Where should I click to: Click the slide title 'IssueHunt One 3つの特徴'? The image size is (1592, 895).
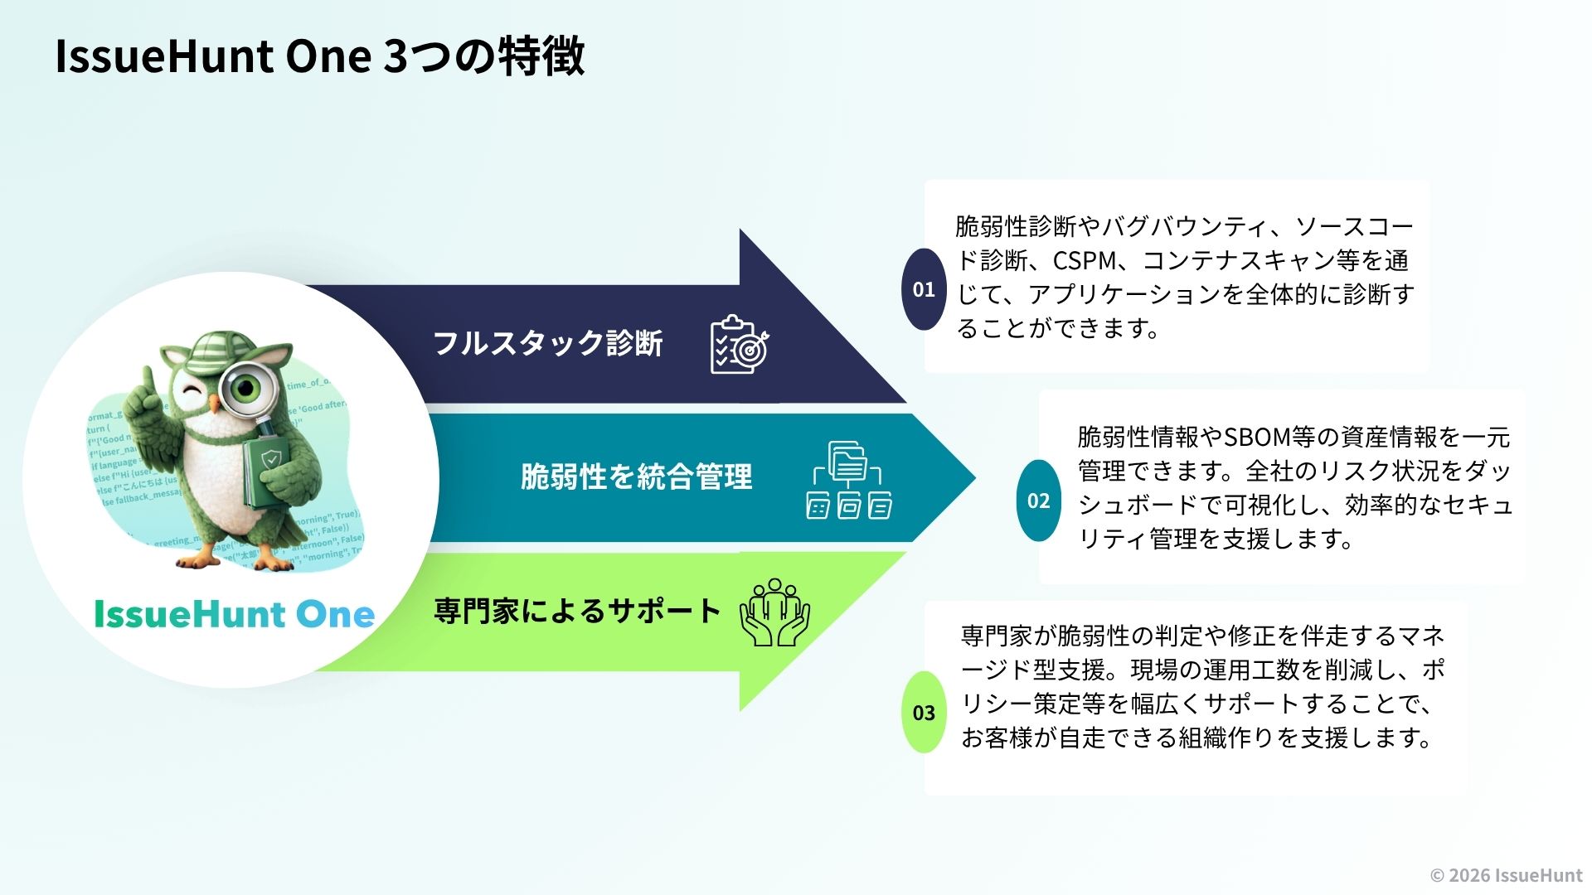(x=319, y=56)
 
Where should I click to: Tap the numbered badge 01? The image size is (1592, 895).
(x=924, y=289)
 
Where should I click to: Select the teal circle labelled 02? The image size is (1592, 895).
(x=1038, y=501)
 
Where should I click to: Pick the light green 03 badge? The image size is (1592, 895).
(x=924, y=713)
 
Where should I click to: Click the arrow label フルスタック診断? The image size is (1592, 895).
(x=548, y=343)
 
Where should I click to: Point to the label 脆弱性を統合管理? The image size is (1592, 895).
(x=636, y=477)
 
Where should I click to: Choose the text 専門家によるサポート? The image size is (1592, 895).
(x=577, y=612)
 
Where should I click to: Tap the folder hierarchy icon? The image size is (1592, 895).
(x=849, y=480)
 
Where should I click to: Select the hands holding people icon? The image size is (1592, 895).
(x=774, y=612)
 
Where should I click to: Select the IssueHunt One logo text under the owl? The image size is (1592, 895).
(x=234, y=614)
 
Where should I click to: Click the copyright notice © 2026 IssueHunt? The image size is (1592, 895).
(x=1506, y=875)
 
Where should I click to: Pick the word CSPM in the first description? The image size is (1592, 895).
(x=1085, y=261)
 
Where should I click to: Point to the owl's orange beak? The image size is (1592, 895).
(x=216, y=404)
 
